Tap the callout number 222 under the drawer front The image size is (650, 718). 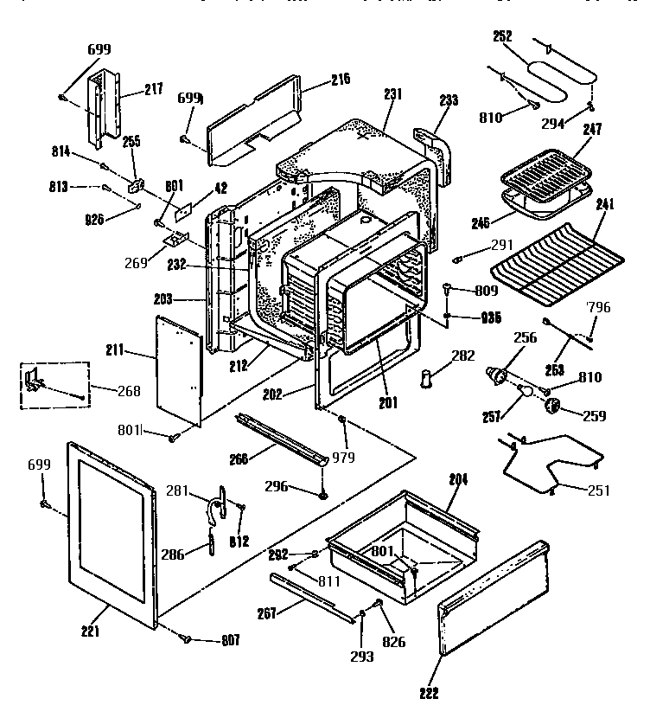pos(430,692)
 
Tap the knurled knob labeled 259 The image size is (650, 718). pos(551,407)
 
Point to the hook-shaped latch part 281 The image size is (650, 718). pos(220,502)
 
